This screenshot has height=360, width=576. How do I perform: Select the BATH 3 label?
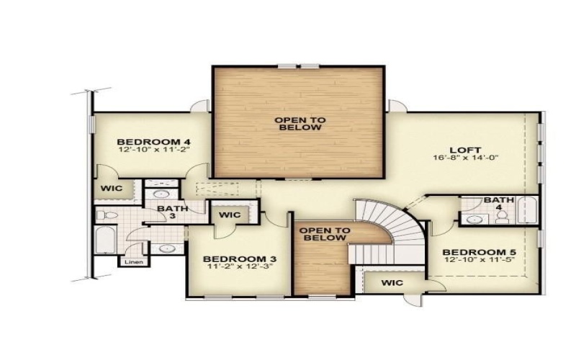[173, 213]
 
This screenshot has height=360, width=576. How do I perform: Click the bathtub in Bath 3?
[104, 240]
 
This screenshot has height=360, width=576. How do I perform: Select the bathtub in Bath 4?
[527, 210]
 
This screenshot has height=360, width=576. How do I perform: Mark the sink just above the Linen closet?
[166, 248]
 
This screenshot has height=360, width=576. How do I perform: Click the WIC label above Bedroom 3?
[229, 215]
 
